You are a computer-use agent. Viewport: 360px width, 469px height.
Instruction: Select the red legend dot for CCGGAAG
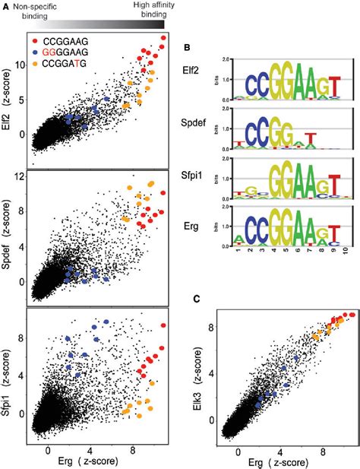[x=39, y=35]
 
